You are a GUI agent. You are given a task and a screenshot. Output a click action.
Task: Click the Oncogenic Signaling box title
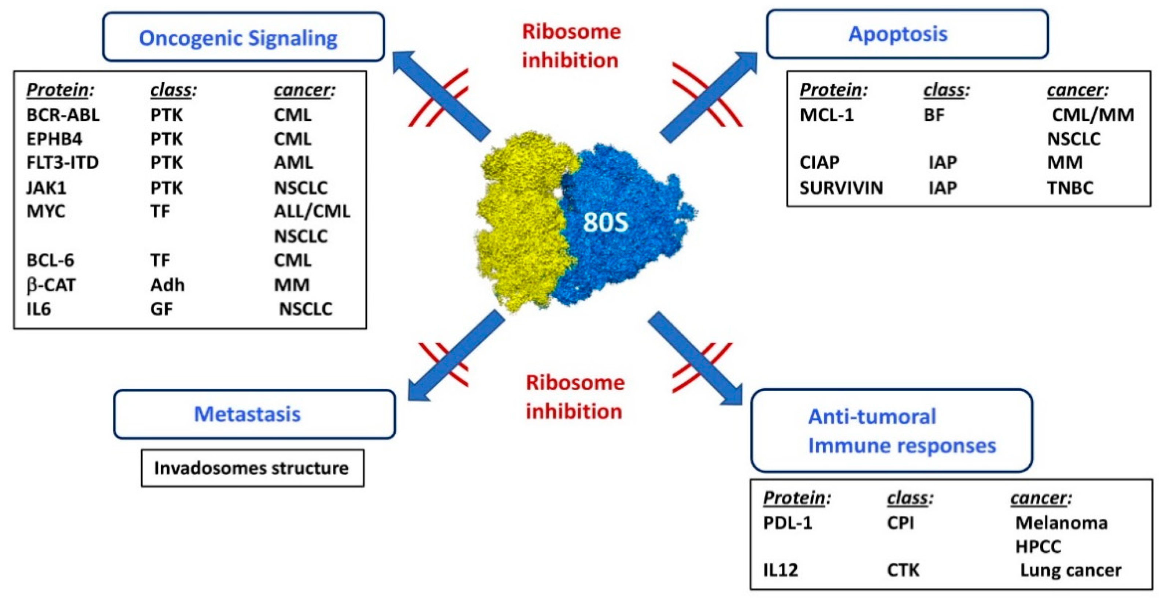point(238,38)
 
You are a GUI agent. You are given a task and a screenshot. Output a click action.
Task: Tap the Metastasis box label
point(247,414)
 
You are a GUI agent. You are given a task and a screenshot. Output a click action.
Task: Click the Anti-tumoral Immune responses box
point(891,431)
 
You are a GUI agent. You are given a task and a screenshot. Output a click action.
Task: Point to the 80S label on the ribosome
point(605,222)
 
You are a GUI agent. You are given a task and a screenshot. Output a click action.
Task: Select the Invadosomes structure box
point(252,468)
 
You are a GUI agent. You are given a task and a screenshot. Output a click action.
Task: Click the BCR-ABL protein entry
point(63,115)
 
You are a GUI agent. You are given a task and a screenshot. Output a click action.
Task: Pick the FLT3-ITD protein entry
point(63,162)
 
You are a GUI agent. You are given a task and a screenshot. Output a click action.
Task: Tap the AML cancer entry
point(293,162)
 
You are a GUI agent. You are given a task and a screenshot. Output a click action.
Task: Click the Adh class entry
point(167,285)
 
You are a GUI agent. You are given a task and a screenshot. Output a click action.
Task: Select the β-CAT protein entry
point(51,285)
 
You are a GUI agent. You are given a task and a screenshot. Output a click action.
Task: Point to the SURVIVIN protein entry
point(841,187)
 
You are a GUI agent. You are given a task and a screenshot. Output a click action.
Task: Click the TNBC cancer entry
point(1070,187)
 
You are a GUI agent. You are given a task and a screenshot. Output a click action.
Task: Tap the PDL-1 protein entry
point(787,523)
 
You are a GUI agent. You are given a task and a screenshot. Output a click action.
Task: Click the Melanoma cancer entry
point(1061,523)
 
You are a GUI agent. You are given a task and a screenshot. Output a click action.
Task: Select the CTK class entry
point(903,570)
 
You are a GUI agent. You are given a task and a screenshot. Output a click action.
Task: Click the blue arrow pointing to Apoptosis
point(709,97)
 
